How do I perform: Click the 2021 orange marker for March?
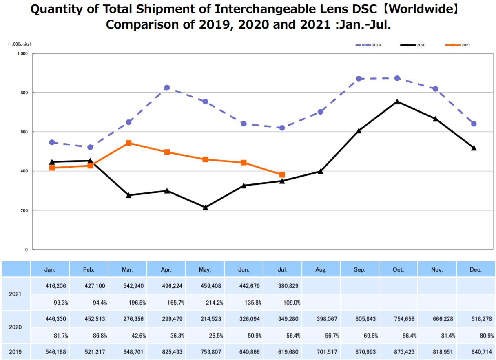128,143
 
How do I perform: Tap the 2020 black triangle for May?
205,208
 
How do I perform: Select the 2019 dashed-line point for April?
167,88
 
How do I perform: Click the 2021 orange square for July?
282,175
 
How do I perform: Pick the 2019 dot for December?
474,124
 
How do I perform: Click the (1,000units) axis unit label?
20,44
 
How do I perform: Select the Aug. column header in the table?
321,270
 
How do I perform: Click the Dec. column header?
476,270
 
